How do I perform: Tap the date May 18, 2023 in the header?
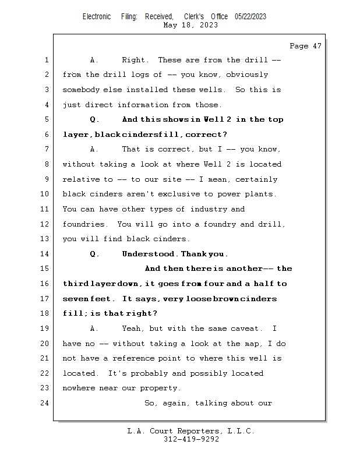[x=191, y=25]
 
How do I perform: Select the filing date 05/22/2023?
[x=250, y=17]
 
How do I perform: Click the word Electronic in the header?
[x=97, y=17]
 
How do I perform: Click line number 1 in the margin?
[x=46, y=60]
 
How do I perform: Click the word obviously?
[x=247, y=75]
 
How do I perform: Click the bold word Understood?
[x=149, y=254]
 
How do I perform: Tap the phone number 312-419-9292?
[x=191, y=440]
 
